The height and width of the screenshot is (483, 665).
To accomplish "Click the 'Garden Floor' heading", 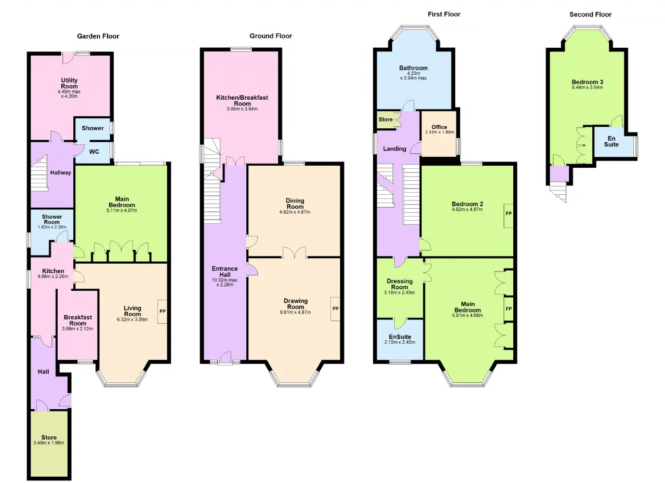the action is [98, 36].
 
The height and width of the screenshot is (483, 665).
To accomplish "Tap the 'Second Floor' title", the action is [590, 15].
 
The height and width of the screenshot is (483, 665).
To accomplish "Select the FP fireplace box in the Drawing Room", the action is [336, 309].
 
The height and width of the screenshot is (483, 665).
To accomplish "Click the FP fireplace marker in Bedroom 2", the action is [509, 216].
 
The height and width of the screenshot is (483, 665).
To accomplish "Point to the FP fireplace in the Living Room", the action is [163, 312].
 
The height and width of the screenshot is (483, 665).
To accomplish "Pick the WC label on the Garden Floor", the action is [94, 152].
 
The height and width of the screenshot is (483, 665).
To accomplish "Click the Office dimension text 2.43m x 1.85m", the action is [440, 132].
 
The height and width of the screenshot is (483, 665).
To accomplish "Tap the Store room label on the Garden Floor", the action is [49, 437].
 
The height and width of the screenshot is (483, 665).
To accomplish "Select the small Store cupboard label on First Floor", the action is [385, 119].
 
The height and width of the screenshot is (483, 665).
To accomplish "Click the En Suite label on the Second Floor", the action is [611, 141].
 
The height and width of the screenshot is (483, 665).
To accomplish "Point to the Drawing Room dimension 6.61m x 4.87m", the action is [296, 312].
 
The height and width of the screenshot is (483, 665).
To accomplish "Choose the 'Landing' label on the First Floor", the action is [394, 149].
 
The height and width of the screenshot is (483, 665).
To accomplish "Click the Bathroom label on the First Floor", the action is [413, 68].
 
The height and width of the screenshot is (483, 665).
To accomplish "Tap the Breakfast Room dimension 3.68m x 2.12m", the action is [77, 329].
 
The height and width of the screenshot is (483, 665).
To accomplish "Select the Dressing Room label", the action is [400, 284].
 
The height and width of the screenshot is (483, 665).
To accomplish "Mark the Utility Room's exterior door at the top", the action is [68, 58].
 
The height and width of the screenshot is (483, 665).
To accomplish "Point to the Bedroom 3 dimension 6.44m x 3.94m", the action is [587, 88].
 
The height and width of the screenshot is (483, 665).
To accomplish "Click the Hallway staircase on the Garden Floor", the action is [39, 174].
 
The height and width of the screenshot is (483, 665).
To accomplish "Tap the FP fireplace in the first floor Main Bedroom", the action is [509, 309].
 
